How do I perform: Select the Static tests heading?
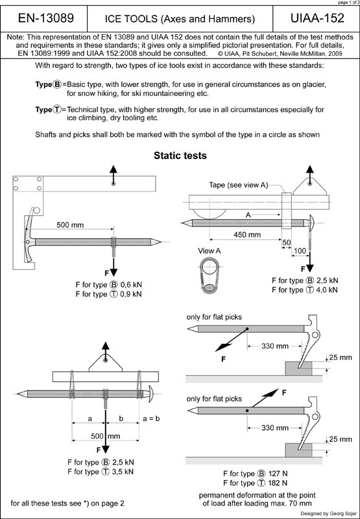click(x=180, y=156)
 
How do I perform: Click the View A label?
click(x=209, y=251)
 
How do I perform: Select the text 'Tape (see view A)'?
click(x=238, y=185)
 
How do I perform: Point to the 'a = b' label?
click(x=151, y=418)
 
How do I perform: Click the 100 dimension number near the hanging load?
click(x=300, y=251)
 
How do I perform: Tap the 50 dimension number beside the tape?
click(x=286, y=243)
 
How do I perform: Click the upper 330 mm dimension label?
click(x=275, y=346)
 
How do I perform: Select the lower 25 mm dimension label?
click(x=341, y=439)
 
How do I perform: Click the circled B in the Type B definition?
click(x=57, y=84)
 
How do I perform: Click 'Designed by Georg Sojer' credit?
click(x=329, y=513)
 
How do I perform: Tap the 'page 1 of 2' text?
click(x=348, y=3)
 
